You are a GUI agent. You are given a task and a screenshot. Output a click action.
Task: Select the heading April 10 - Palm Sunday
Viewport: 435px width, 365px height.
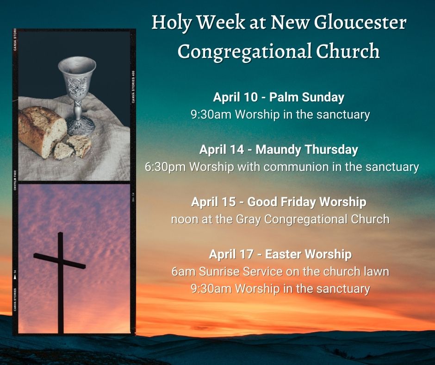pyautogui.click(x=279, y=97)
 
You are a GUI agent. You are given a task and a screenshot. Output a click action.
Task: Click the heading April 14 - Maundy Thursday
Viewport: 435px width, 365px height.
pyautogui.click(x=279, y=150)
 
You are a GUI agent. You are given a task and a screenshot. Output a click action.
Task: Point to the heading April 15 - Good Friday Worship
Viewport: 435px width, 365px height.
pyautogui.click(x=279, y=202)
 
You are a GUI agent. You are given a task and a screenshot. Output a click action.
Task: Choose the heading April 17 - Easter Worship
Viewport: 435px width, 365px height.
pyautogui.click(x=280, y=254)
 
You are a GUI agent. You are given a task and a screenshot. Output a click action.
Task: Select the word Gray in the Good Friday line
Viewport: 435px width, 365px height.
pyautogui.click(x=249, y=220)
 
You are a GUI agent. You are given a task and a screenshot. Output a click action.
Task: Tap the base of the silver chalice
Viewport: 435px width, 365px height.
pyautogui.click(x=80, y=126)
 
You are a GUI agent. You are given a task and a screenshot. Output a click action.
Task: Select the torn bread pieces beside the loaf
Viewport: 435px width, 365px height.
pyautogui.click(x=72, y=147)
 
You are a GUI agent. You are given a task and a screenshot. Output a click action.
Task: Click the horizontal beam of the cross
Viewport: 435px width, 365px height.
pyautogui.click(x=59, y=261)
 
